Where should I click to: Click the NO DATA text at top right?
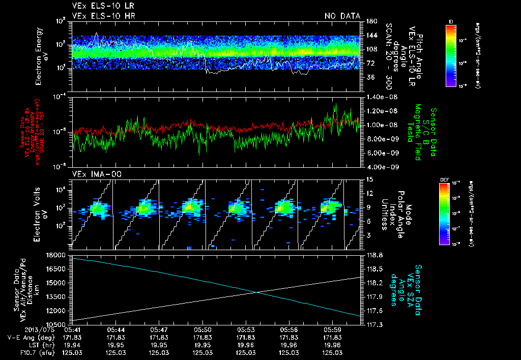(342, 16)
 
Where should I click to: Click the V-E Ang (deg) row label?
(27, 337)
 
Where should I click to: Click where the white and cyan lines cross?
(259, 291)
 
